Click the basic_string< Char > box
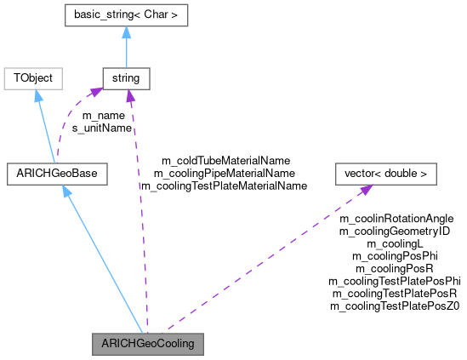(126, 15)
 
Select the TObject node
(33, 78)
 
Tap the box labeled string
(126, 78)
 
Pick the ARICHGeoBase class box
(57, 174)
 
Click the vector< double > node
(385, 174)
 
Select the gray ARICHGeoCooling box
(148, 344)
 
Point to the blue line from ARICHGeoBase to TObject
(46, 131)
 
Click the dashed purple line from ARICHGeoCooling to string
(138, 213)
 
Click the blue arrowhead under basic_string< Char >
(126, 32)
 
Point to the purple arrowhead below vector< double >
(364, 189)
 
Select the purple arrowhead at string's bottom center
(129, 95)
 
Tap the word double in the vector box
(400, 174)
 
